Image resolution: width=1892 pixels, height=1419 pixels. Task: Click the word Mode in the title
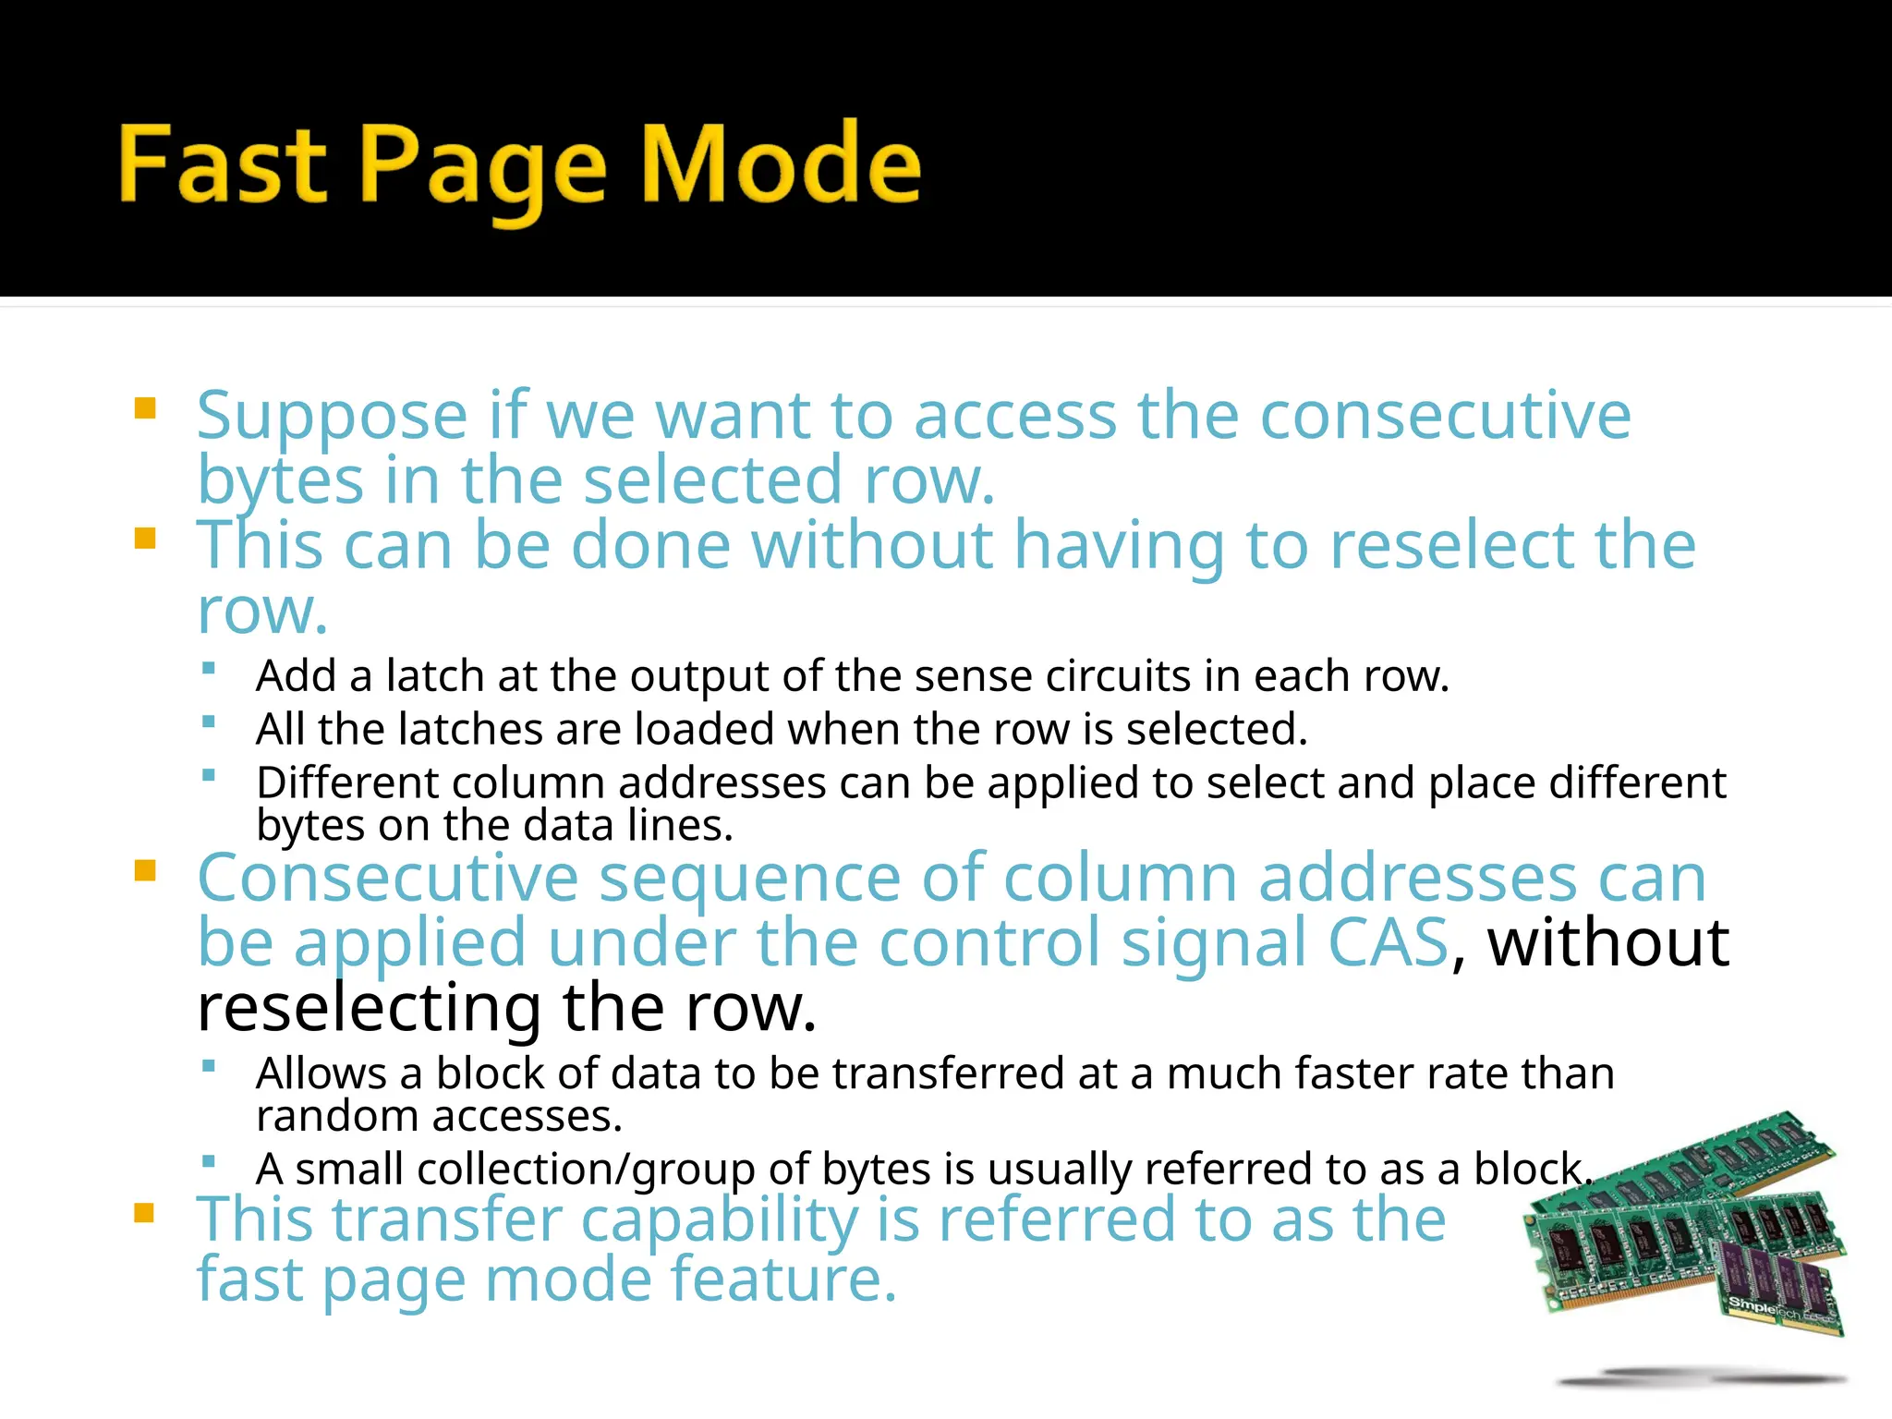click(x=781, y=164)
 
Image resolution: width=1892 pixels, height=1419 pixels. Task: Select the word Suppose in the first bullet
click(x=333, y=418)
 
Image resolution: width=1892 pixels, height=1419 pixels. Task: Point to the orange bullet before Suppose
click(x=145, y=408)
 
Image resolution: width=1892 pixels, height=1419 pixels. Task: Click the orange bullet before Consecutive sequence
click(x=145, y=870)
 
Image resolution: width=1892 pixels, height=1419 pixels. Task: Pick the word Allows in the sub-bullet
click(x=321, y=1073)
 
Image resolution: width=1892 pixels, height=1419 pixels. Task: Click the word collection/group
click(x=586, y=1170)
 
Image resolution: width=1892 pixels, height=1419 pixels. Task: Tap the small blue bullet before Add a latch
click(x=209, y=668)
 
